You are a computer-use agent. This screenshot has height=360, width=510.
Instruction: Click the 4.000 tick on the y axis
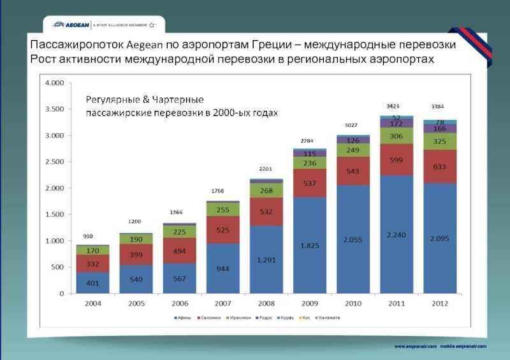click(x=54, y=83)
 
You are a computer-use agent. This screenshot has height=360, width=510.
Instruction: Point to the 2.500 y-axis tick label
click(x=54, y=162)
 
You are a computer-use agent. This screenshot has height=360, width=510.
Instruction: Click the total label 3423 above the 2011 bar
click(x=393, y=105)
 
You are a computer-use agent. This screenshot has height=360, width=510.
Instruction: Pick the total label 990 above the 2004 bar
click(x=88, y=236)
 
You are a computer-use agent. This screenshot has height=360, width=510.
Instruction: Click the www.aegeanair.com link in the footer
click(x=415, y=345)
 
